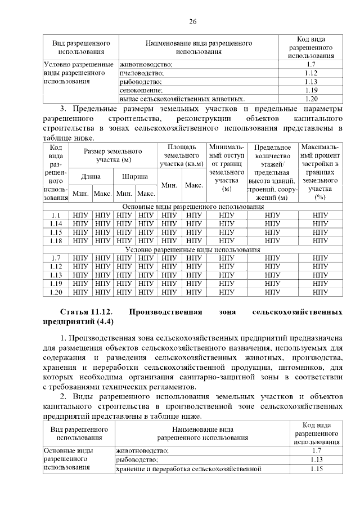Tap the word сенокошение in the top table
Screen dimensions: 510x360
click(x=141, y=90)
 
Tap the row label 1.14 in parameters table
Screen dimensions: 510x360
click(x=56, y=224)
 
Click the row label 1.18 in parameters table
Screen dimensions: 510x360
click(x=56, y=241)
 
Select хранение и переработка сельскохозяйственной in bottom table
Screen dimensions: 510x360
click(x=188, y=468)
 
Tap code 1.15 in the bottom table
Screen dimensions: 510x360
click(x=316, y=468)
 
